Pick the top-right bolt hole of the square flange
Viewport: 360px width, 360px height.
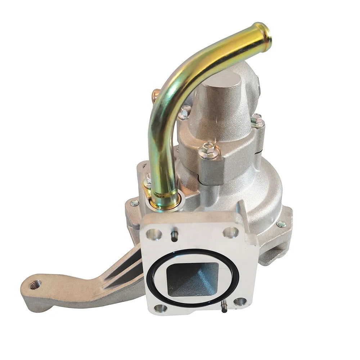230,232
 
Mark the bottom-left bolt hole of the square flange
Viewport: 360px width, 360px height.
161,308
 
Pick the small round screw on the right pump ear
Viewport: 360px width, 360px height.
280,224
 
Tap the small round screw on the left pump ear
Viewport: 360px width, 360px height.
135,203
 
